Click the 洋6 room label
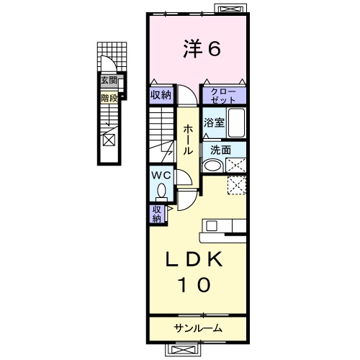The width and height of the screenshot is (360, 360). tap(199, 49)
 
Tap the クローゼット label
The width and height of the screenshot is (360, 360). tap(223, 95)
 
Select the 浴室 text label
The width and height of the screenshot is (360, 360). tap(214, 122)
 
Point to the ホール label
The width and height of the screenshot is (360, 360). tap(187, 139)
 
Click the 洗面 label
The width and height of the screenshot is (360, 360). tap(220, 150)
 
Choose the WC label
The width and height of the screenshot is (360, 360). tap(161, 175)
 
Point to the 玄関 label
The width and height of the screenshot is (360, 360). tap(109, 81)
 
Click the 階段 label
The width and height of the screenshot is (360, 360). tap(109, 95)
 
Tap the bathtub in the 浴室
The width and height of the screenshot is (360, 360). tap(237, 122)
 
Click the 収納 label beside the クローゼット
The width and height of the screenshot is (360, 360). tap(161, 95)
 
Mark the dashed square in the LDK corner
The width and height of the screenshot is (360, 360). tap(237, 185)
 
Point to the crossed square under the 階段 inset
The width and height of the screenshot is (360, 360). tap(108, 140)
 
